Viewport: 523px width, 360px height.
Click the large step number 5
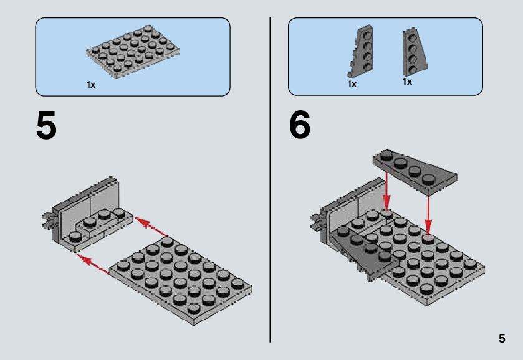pyautogui.click(x=46, y=126)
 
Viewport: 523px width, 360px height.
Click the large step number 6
pyautogui.click(x=299, y=126)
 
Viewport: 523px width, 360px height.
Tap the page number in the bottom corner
pyautogui.click(x=502, y=339)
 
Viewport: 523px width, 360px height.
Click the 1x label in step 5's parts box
pyautogui.click(x=91, y=85)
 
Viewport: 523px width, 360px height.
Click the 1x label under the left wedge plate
pyautogui.click(x=352, y=84)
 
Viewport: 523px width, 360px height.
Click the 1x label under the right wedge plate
pyautogui.click(x=407, y=82)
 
